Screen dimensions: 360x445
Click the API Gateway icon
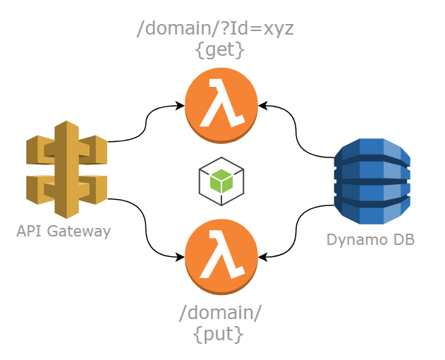[66, 169]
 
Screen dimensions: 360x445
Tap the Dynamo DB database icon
[372, 181]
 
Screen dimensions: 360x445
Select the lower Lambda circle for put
[221, 256]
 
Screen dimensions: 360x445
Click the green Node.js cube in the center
[221, 181]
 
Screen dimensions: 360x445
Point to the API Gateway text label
[63, 232]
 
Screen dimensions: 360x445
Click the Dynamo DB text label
[370, 240]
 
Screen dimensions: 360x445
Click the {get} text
[220, 50]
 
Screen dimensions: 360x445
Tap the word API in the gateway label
[29, 232]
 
